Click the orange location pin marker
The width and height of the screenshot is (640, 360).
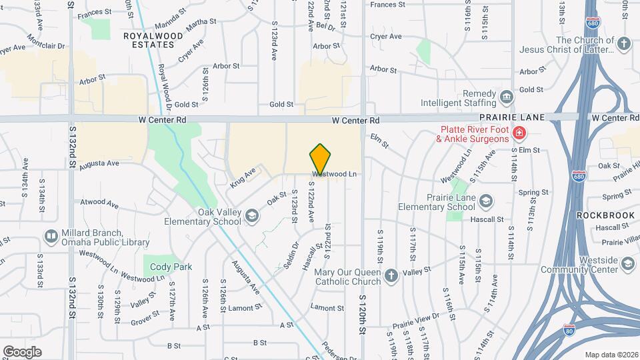coord(321,159)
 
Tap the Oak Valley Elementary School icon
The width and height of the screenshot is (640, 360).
coord(252,215)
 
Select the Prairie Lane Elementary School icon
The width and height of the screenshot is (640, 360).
coord(486,201)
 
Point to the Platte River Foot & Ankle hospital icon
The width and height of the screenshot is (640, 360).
coord(518,135)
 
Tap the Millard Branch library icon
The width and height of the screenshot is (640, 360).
coord(51,236)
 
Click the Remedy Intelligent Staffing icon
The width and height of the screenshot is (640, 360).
coord(507,98)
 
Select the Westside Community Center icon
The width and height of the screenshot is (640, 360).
coord(627,264)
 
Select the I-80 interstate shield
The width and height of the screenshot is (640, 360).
coord(568,329)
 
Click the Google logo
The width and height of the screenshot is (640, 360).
coord(22,351)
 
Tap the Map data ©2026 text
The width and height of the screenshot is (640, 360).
coord(611,355)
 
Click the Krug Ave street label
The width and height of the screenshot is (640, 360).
coord(243,177)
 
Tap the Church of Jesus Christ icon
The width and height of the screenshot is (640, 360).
coord(623,45)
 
